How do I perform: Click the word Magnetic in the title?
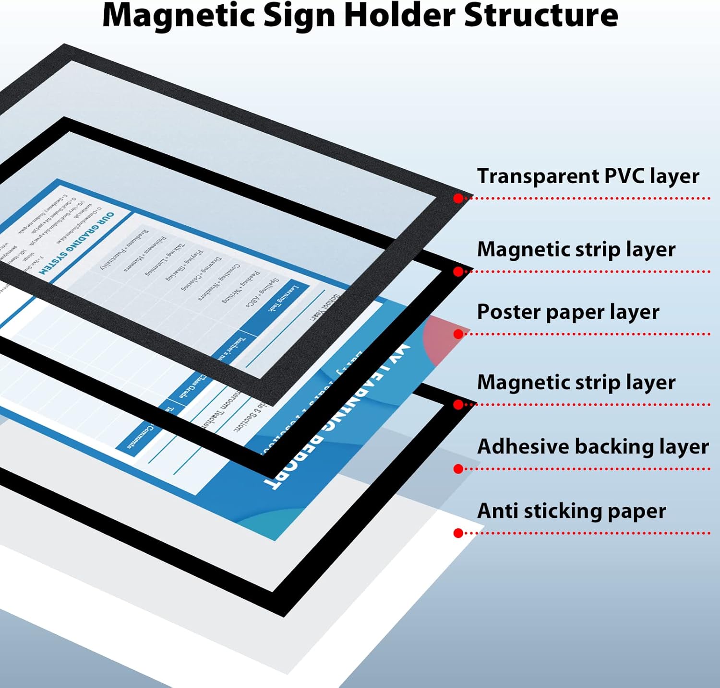179,15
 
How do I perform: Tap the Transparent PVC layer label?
588,176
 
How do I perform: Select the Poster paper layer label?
568,312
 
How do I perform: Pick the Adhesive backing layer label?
593,446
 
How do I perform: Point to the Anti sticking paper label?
571,511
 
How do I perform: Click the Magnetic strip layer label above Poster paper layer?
576,249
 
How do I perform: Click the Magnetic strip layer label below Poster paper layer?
576,383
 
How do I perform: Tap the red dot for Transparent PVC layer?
458,198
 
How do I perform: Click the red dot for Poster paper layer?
458,334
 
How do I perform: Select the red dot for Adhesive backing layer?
458,469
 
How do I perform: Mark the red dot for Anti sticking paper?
458,533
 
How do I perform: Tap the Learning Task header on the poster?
283,298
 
